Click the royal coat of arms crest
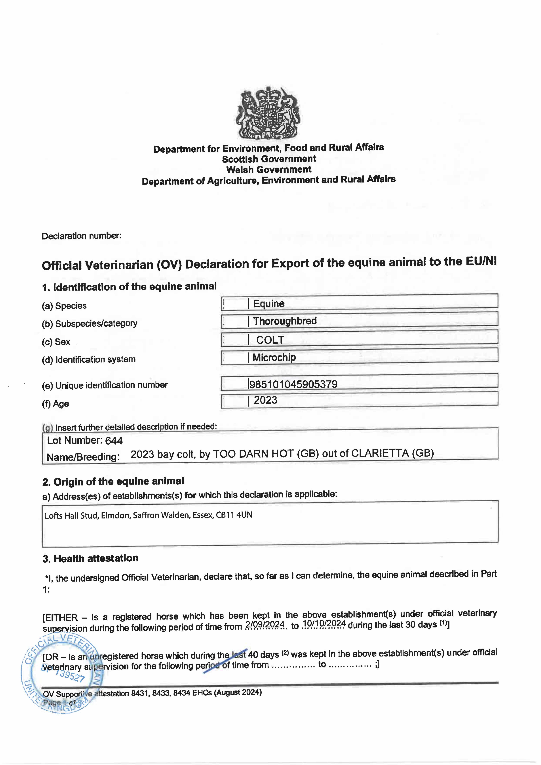point(268,113)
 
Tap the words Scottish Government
point(269,159)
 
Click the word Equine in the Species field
point(269,304)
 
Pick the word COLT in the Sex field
point(270,340)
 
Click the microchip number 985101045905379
point(293,384)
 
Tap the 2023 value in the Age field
point(265,400)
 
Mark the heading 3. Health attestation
point(90,558)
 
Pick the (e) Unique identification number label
point(105,385)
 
